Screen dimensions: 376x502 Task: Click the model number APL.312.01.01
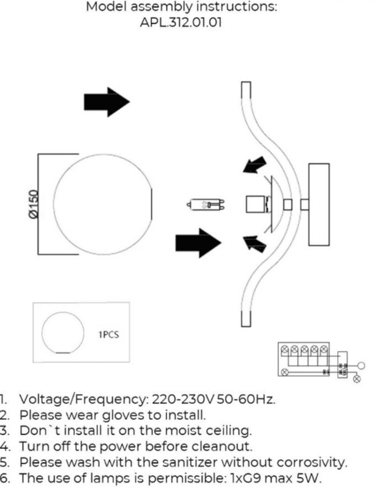(x=181, y=22)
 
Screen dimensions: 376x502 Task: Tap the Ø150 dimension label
(x=34, y=204)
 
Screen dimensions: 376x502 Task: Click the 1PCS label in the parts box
(x=108, y=334)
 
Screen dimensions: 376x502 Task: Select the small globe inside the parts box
(x=63, y=332)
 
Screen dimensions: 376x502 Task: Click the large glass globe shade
(x=102, y=204)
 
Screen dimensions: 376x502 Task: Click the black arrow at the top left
(x=106, y=102)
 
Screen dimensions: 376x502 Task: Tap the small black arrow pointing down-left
(x=254, y=165)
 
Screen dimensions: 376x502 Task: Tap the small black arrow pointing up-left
(x=254, y=244)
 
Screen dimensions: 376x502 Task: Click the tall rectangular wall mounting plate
(x=319, y=204)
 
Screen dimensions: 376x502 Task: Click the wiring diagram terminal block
(x=304, y=359)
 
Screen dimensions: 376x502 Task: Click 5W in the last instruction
(x=309, y=478)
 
